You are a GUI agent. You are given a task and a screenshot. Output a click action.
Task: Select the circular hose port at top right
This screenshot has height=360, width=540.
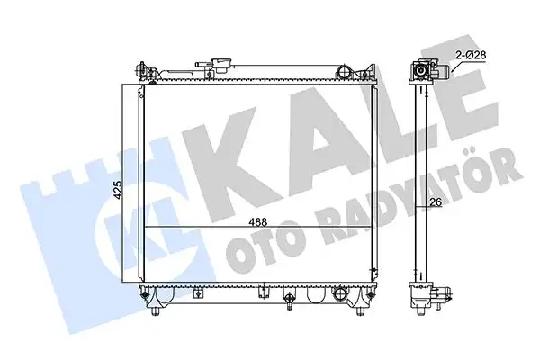[x=344, y=69]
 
